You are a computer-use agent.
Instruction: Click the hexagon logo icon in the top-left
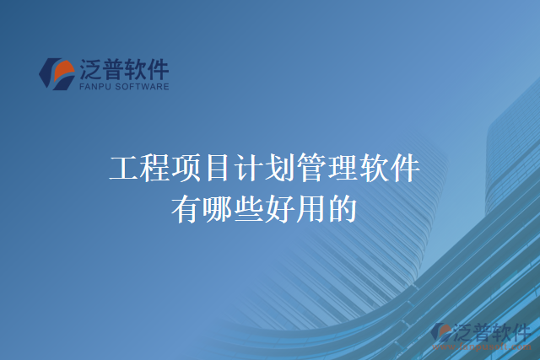57,73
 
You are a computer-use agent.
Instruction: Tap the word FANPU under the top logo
93,86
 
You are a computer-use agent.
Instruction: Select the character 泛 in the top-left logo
91,67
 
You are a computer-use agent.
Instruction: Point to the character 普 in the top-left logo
116,67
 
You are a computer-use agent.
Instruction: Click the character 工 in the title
124,169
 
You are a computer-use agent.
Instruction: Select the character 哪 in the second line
219,207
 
